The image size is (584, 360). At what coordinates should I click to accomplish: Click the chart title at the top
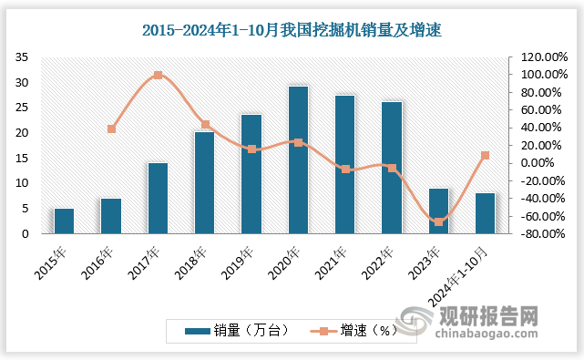(292, 31)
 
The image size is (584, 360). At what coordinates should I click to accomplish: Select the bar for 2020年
(298, 159)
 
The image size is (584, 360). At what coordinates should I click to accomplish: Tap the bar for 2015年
(64, 221)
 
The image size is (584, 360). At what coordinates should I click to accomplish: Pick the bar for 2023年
(438, 211)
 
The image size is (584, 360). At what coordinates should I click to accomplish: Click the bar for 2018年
(204, 182)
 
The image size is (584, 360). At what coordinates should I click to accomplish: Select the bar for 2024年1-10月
(486, 213)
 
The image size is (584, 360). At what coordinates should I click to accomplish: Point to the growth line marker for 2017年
(158, 75)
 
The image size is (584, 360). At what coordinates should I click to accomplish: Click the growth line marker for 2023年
(438, 222)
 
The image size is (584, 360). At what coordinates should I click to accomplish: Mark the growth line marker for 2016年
(111, 129)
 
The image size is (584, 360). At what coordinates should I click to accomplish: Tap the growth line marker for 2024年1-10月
(486, 155)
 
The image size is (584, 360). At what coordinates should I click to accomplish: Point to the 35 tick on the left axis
(22, 57)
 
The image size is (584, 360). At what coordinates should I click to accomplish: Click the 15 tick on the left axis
(22, 159)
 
